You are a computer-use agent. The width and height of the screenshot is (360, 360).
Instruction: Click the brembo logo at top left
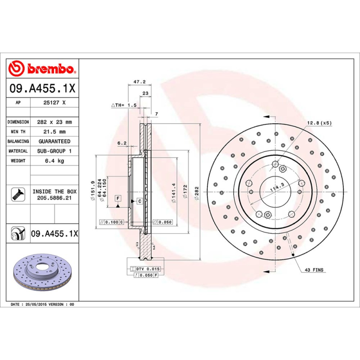click(x=42, y=69)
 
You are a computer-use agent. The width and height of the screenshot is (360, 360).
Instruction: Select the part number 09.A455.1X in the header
click(x=42, y=89)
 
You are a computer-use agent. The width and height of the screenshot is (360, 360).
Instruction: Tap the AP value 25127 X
click(x=54, y=103)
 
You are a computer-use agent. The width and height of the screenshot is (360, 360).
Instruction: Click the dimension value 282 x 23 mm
click(x=54, y=122)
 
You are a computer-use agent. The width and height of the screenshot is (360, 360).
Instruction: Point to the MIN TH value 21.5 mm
click(x=54, y=132)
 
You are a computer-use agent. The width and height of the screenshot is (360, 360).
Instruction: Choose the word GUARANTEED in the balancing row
click(x=54, y=141)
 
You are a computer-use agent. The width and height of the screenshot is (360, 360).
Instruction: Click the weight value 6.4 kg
click(x=54, y=161)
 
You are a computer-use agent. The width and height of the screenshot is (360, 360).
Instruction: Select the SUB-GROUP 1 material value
click(x=54, y=151)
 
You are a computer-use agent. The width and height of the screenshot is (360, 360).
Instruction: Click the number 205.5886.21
click(x=54, y=198)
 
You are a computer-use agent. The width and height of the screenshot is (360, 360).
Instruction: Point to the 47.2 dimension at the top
click(x=139, y=82)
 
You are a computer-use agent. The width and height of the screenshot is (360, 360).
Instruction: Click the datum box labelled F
click(x=118, y=198)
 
